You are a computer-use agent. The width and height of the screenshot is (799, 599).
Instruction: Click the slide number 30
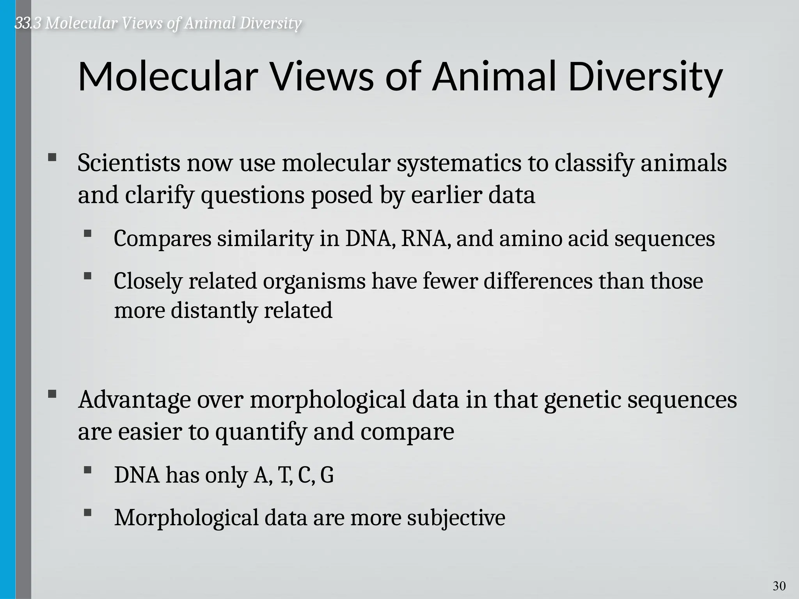coord(779,586)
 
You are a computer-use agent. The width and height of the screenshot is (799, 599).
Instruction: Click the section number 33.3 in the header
coord(28,23)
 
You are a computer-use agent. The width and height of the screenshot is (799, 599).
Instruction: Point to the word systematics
coord(459,164)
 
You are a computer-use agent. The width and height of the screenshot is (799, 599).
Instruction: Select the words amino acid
coord(554,239)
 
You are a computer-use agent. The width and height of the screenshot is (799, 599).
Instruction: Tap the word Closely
coord(148,282)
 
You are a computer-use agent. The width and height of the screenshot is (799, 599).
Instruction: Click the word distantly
coord(214,311)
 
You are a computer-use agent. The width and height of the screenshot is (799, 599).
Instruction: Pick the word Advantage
coord(134,400)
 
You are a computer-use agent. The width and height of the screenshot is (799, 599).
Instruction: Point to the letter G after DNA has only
coord(327,475)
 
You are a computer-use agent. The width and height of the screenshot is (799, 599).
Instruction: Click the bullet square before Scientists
coord(52,158)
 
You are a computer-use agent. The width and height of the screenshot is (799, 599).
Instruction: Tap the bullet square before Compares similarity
coord(87,234)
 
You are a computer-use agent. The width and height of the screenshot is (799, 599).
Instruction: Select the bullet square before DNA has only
coord(87,470)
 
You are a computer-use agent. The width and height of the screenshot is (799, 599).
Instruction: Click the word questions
coord(252,195)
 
